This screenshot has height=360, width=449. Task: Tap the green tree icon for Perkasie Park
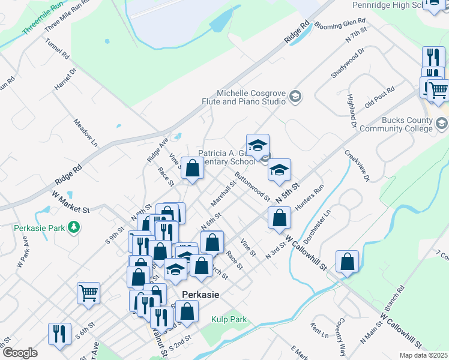pos(73,227)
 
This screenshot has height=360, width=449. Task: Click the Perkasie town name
pos(200,295)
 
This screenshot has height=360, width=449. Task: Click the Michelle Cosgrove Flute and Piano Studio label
pos(251,97)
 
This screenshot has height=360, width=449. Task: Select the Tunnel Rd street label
pos(57,50)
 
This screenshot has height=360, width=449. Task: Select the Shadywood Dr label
pos(348,65)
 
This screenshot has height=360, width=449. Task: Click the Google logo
pos(20,353)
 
